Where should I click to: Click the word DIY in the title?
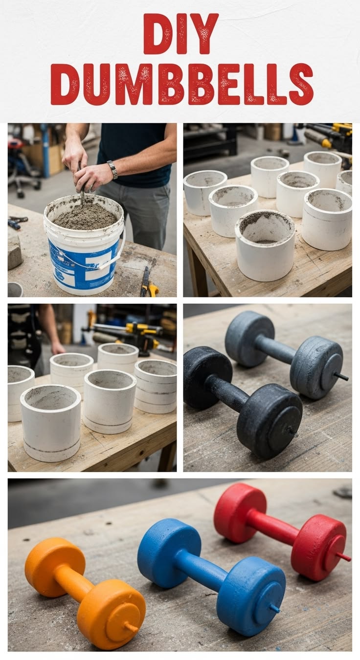pos(180,34)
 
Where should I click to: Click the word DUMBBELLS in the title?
pos(181,85)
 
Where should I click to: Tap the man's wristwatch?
pos(113,169)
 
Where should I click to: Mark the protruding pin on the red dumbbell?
pos(344,556)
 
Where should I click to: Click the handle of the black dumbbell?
pos(228,389)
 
